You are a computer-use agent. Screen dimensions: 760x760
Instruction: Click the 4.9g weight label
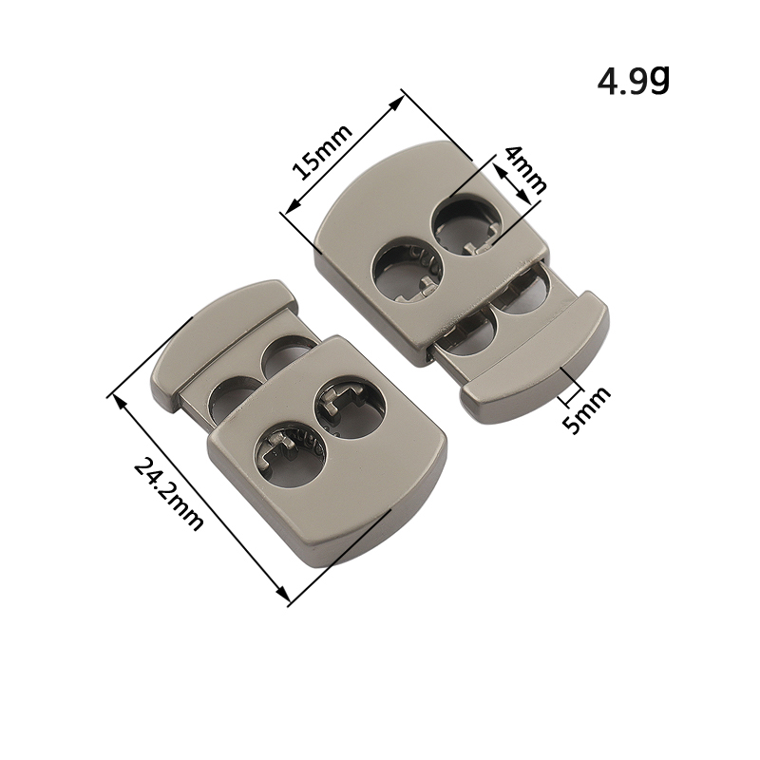point(634,81)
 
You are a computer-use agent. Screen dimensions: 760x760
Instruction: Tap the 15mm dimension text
point(322,152)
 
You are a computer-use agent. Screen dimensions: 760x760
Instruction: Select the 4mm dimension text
point(525,170)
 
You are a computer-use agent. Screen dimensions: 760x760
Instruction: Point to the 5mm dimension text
point(585,409)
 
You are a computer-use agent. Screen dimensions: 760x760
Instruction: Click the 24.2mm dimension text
point(168,493)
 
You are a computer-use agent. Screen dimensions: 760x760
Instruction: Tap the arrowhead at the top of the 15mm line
point(396,103)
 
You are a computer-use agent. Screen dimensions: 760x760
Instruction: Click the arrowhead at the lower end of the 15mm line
point(292,207)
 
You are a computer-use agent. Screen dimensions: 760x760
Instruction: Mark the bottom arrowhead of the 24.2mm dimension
point(282,593)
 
